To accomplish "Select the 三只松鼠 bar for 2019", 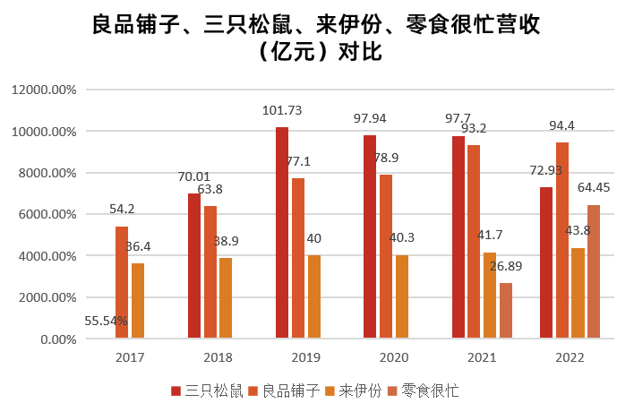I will tap(282, 233).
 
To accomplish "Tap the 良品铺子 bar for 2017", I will tap(122, 282).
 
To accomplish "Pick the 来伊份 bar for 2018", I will tap(226, 298).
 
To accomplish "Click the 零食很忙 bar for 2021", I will tap(506, 311).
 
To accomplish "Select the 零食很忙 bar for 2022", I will tap(594, 271).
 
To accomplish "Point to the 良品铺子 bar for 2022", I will tap(561, 240).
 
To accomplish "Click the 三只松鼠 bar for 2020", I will tap(370, 236).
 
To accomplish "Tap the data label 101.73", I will tap(282, 111).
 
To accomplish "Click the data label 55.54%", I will tap(107, 321).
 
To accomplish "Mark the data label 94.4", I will tap(561, 125).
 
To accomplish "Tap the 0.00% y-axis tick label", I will tap(56, 339).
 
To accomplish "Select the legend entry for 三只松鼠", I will tap(207, 391).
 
